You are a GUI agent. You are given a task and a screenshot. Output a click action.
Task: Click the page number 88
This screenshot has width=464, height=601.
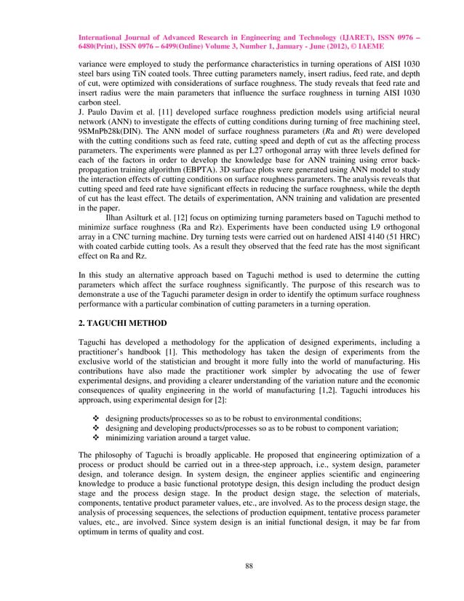point(232,563)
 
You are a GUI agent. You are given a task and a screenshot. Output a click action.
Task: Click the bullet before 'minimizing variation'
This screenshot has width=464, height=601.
point(97,438)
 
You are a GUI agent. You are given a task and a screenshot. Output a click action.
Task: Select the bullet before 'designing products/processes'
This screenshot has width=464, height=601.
point(97,419)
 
